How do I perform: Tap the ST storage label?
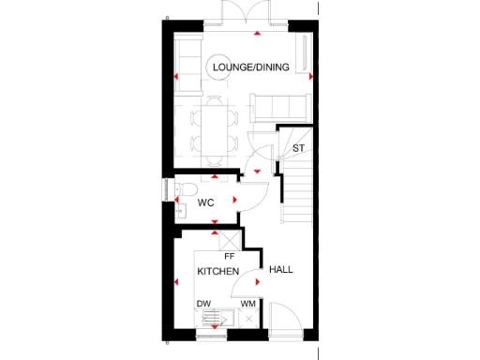[x=299, y=148]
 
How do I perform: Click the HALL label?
[x=281, y=270]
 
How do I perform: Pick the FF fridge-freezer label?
[x=229, y=255]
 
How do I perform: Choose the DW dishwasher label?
[x=203, y=304]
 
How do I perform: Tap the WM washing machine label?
[x=248, y=304]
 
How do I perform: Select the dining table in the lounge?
[x=212, y=130]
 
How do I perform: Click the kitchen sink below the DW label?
[x=207, y=322]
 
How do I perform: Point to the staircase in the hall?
[x=298, y=192]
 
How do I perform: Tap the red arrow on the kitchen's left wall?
[x=174, y=280]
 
